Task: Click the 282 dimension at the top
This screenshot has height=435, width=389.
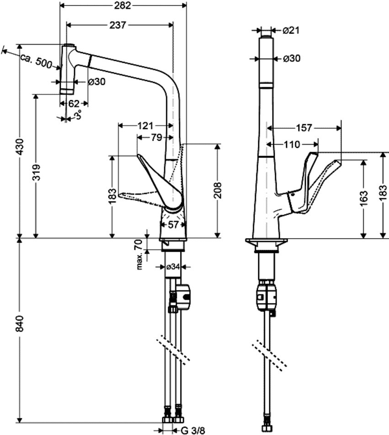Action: click(x=122, y=5)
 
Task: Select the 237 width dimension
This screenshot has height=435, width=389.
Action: click(x=117, y=25)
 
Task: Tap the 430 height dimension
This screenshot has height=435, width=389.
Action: click(x=20, y=147)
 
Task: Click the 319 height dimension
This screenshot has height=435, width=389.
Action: click(x=36, y=172)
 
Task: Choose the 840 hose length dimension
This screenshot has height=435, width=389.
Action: click(x=20, y=323)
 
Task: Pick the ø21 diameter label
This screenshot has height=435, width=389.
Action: click(x=291, y=30)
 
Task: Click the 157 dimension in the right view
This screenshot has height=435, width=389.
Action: click(x=304, y=128)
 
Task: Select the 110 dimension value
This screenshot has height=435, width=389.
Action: click(x=292, y=145)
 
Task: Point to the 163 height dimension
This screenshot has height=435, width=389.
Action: click(x=364, y=198)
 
